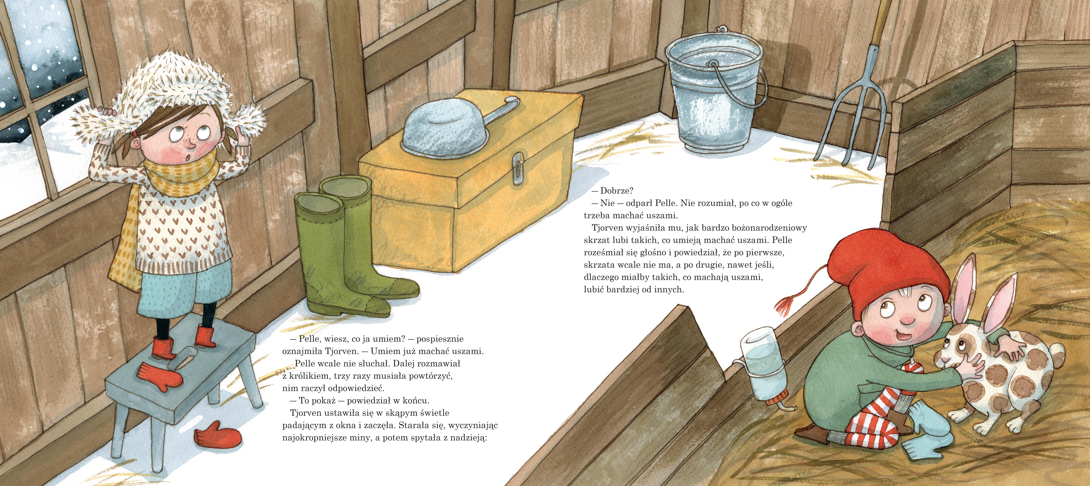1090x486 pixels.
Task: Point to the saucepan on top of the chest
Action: point(457,127)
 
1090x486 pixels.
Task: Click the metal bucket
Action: point(715,91)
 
